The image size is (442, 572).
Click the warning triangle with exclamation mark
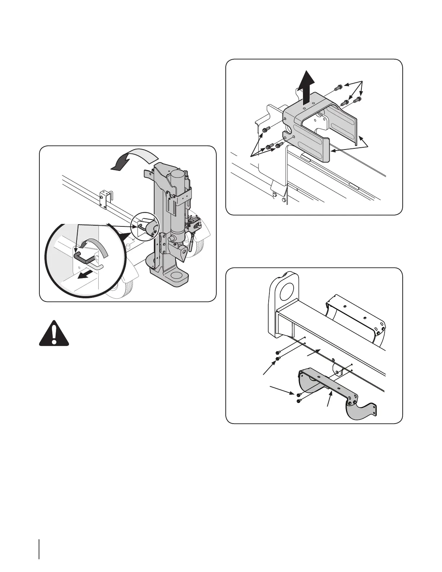coord(54,334)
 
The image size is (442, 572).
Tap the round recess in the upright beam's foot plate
coord(177,276)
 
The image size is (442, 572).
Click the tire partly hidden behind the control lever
coord(197,249)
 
